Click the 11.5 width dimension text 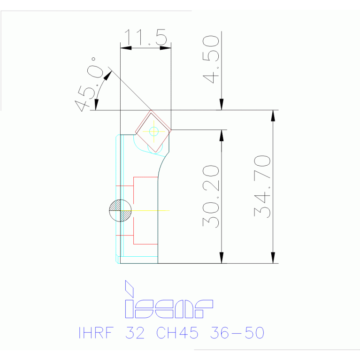pyautogui.click(x=146, y=38)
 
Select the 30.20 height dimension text pyautogui.click(x=212, y=196)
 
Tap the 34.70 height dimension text pyautogui.click(x=263, y=186)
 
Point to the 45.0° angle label pyautogui.click(x=90, y=84)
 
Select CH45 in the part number pyautogui.click(x=177, y=333)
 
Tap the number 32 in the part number pyautogui.click(x=136, y=333)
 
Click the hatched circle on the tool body pyautogui.click(x=120, y=210)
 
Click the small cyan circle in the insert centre pyautogui.click(x=153, y=131)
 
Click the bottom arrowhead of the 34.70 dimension pyautogui.click(x=273, y=258)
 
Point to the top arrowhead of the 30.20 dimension pyautogui.click(x=222, y=135)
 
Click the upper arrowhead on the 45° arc pyautogui.click(x=108, y=75)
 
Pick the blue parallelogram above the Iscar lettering pyautogui.click(x=129, y=289)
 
